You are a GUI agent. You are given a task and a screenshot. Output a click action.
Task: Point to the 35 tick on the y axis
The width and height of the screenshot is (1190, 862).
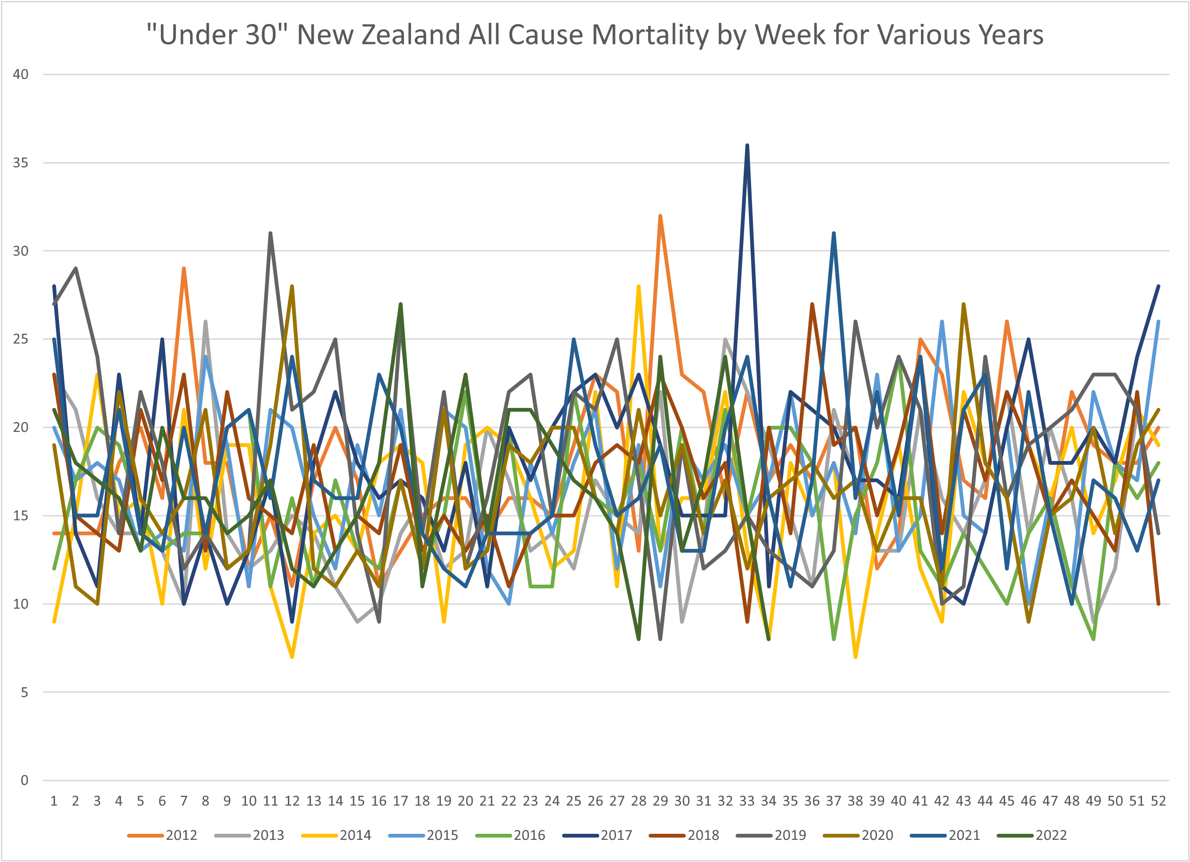(x=21, y=163)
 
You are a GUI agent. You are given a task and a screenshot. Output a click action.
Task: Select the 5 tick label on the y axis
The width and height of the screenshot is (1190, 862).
(x=24, y=692)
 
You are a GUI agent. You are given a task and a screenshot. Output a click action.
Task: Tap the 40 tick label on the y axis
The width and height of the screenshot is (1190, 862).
(x=21, y=74)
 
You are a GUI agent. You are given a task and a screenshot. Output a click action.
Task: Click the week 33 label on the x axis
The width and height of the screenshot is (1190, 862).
(x=746, y=800)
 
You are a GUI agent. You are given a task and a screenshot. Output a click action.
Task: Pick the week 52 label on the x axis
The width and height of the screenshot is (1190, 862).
(x=1158, y=800)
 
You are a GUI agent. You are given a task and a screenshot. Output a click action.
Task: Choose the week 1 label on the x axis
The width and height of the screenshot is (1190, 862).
(x=54, y=800)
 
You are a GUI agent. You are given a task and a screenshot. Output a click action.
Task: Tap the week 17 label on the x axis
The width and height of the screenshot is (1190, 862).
(x=400, y=800)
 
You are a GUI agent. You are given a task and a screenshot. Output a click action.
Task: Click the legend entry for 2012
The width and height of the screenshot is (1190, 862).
(x=163, y=835)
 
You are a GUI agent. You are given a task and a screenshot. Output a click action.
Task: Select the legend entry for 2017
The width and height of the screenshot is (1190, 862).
(x=598, y=835)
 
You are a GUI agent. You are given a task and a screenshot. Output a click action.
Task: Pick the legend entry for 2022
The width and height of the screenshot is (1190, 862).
(x=1032, y=835)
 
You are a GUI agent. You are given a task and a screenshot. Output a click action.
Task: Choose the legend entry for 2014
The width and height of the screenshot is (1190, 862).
(x=336, y=835)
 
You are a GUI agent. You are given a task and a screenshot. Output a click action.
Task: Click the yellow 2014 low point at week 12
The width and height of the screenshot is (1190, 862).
(x=292, y=657)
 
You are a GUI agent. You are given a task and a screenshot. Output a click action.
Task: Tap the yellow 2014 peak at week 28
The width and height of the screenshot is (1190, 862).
(x=639, y=286)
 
